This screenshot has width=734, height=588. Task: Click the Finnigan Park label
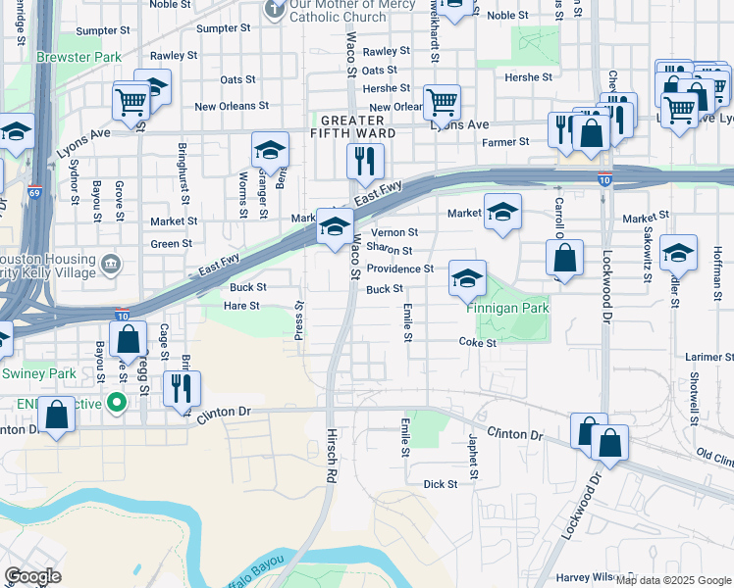coord(507,309)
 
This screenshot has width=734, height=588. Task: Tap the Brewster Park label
coord(79,57)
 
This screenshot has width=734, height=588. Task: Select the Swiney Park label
coord(38,373)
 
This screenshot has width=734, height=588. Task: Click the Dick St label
coord(440,484)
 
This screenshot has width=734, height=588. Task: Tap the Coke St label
coord(478,343)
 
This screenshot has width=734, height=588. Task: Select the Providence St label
coord(400,269)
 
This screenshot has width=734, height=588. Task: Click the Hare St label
coord(240,306)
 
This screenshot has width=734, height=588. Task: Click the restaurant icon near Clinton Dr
coord(181,388)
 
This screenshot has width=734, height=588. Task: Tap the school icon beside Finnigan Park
coord(467,277)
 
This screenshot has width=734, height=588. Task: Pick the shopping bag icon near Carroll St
coord(565,259)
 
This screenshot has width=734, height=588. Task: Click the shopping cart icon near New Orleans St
coord(442,100)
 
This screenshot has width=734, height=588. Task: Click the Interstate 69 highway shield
coord(34,192)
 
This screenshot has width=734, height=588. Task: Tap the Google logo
coord(32,576)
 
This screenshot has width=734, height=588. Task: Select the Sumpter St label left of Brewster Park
coord(96,31)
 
